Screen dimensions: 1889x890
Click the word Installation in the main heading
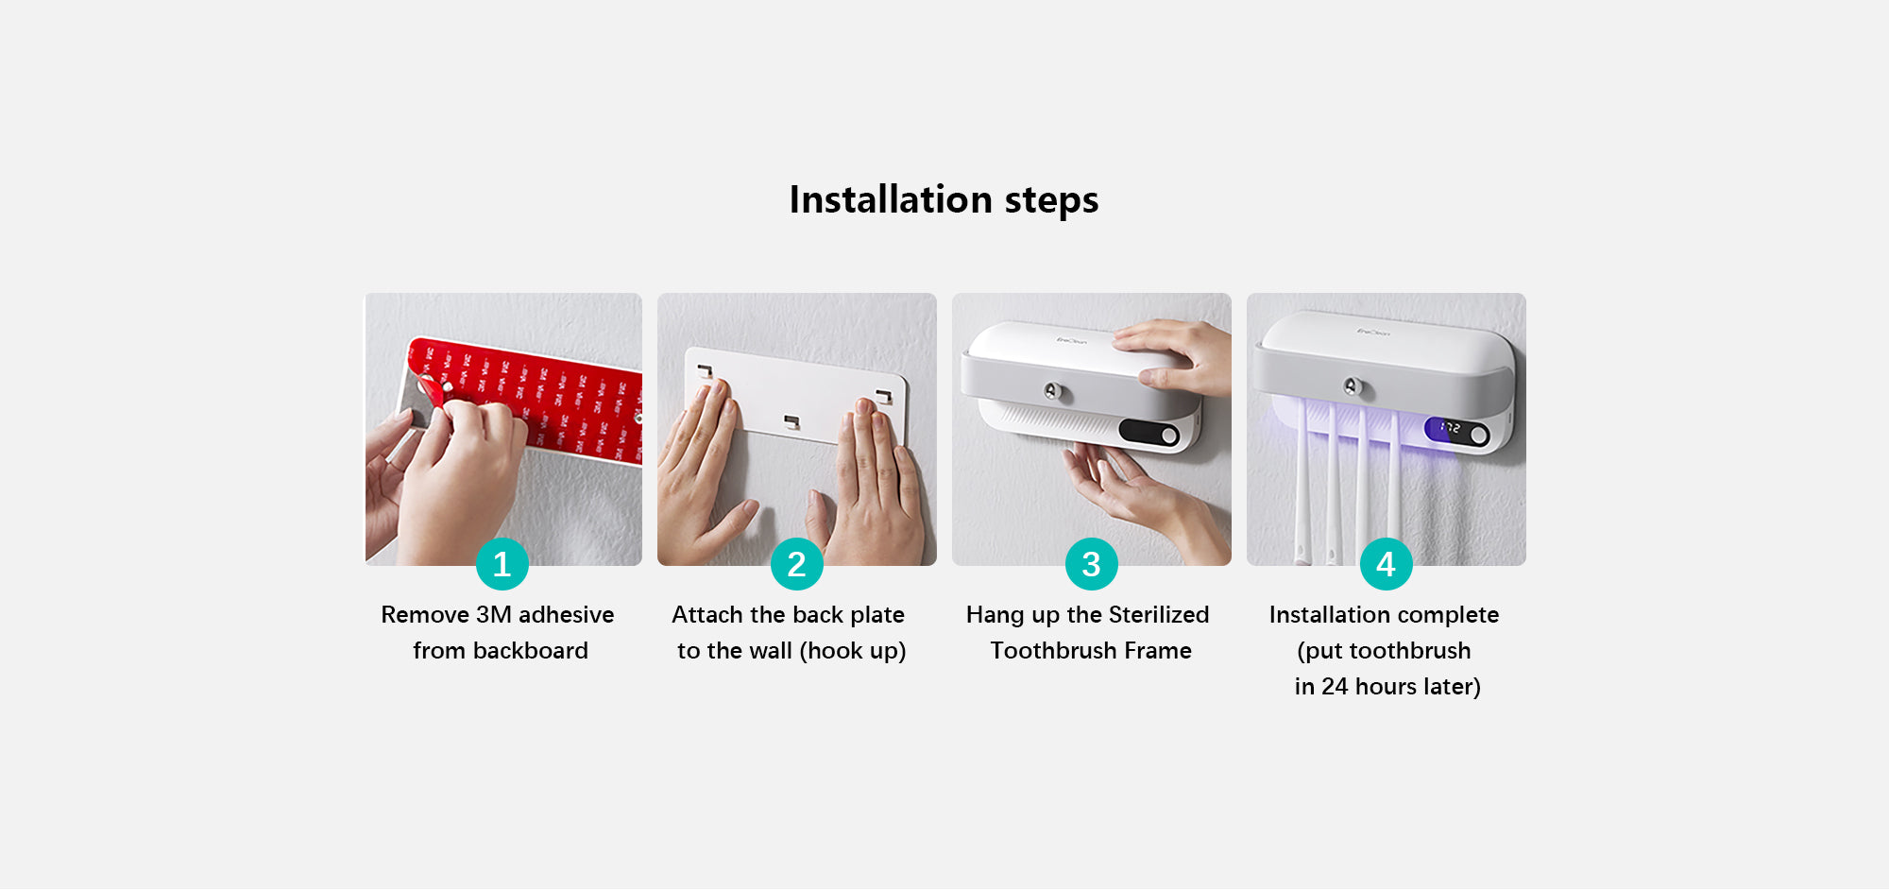coord(891,199)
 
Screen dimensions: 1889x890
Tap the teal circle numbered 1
coord(502,564)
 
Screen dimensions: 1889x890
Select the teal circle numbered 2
coord(797,564)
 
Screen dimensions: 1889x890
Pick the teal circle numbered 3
coord(1092,564)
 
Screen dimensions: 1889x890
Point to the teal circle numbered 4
coord(1387,564)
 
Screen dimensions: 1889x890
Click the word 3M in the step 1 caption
coord(494,615)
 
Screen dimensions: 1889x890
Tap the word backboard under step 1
coord(531,651)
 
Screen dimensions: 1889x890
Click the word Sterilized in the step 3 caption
coord(1159,615)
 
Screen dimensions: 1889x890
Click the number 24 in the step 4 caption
coord(1335,687)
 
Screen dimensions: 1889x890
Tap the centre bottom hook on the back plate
coord(791,420)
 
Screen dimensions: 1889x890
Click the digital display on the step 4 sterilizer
coord(1450,429)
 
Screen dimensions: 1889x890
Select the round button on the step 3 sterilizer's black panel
coord(1169,435)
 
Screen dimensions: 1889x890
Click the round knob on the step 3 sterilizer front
coord(1050,390)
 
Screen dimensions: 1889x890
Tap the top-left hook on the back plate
coord(705,371)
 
